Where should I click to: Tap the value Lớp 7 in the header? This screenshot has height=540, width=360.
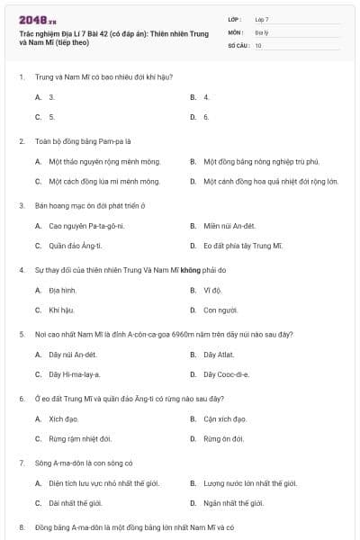tap(262, 18)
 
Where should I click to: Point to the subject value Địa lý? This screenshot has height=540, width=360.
tap(261, 31)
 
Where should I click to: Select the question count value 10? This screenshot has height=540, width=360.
tap(258, 45)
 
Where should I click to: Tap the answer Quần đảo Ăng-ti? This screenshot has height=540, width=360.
tap(76, 245)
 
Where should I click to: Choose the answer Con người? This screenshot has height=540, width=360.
tap(220, 310)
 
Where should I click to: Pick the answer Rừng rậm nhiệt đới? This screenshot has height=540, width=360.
tap(80, 438)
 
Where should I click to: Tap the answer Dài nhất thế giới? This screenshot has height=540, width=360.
tap(80, 503)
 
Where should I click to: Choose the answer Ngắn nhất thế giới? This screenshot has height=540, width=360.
tap(233, 503)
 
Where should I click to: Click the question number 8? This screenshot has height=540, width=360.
tap(21, 526)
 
